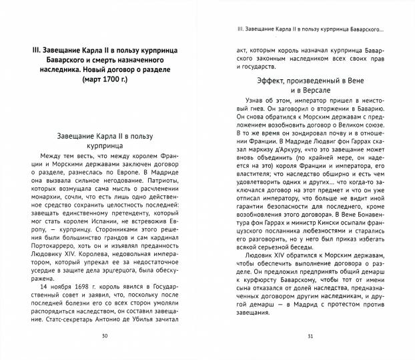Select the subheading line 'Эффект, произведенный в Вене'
click(x=310, y=82)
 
